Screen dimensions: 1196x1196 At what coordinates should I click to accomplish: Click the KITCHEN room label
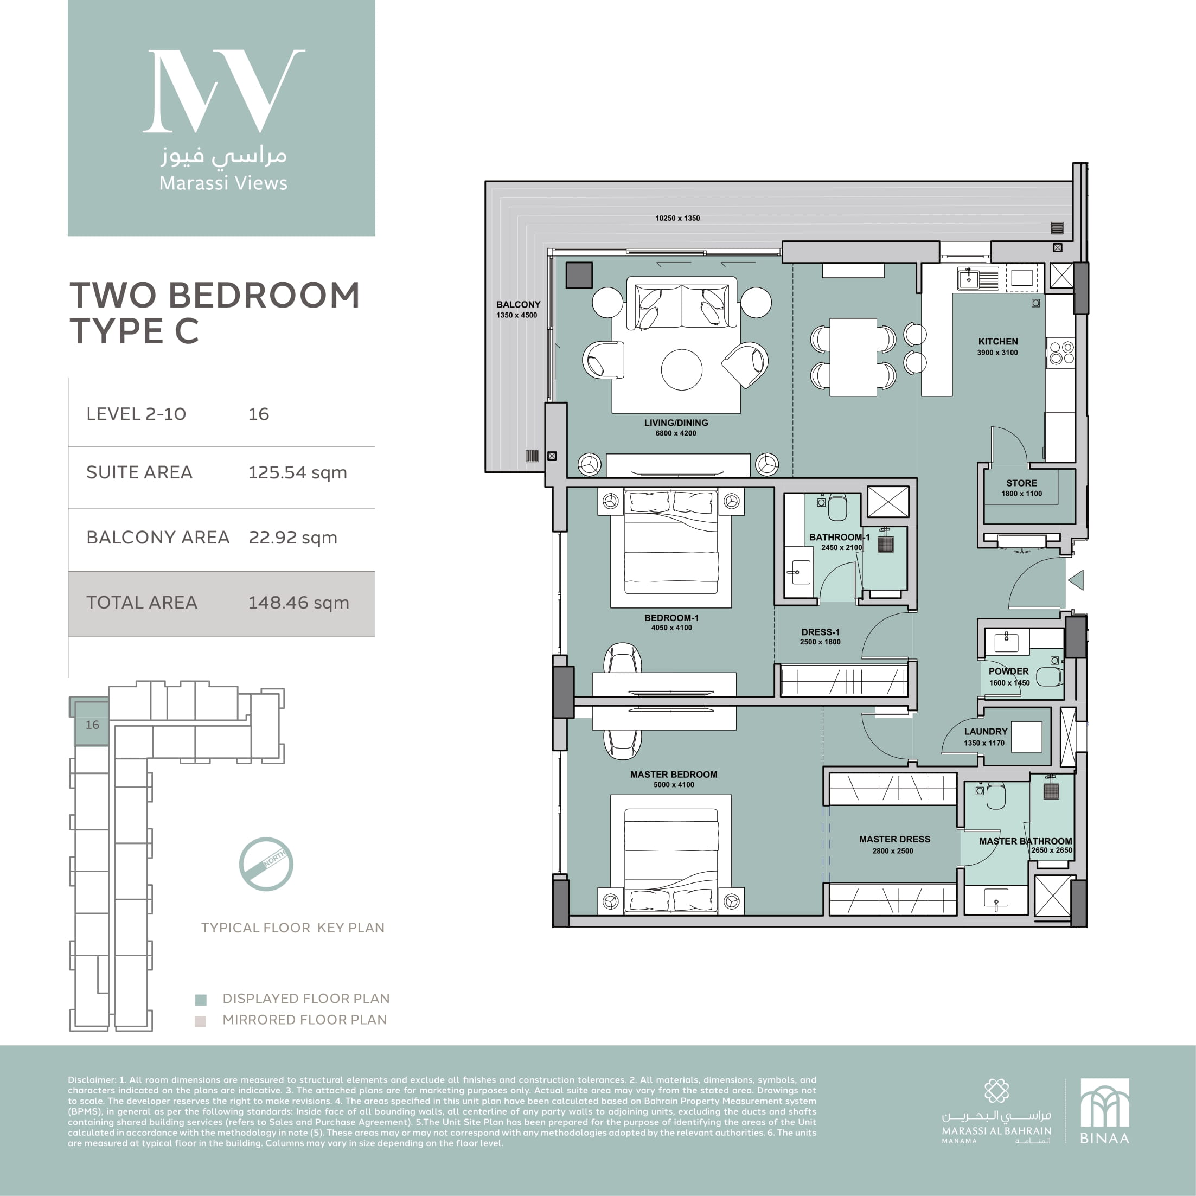click(x=998, y=341)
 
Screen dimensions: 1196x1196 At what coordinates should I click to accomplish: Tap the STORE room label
click(x=1021, y=483)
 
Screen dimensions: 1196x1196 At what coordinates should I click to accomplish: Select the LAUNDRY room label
click(x=986, y=731)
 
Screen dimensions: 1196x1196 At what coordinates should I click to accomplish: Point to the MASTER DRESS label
click(x=894, y=839)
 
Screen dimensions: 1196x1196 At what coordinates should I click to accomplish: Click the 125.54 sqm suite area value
click(x=298, y=472)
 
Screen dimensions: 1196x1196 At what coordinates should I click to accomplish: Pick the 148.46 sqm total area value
click(x=298, y=602)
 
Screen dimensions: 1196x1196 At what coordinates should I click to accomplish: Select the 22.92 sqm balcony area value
click(x=293, y=538)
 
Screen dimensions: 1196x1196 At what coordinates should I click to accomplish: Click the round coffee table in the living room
click(x=682, y=369)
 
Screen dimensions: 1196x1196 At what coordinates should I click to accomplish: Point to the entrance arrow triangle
click(x=1076, y=580)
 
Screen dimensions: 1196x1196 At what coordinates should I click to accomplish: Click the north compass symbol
click(x=266, y=864)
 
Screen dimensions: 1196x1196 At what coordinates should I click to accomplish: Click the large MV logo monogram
click(x=224, y=91)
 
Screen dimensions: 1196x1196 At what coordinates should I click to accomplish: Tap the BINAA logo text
click(x=1104, y=1138)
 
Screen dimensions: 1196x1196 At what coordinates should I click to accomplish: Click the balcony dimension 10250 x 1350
click(x=677, y=218)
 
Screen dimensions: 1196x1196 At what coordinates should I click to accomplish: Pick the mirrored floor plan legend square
click(x=201, y=1021)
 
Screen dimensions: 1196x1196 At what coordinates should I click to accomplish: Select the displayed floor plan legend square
click(x=201, y=1000)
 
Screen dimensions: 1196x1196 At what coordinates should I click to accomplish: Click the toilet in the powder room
click(x=1050, y=676)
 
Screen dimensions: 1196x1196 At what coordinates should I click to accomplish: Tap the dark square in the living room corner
click(x=579, y=275)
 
